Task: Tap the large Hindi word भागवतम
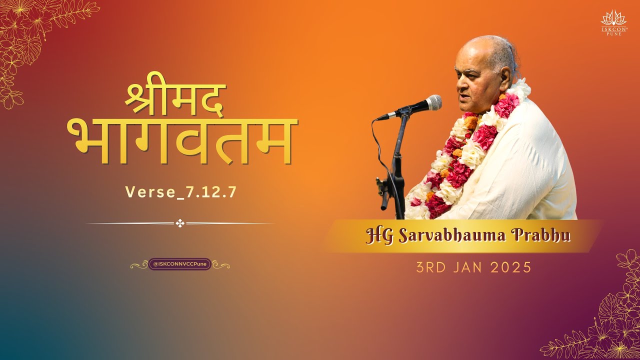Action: (x=182, y=140)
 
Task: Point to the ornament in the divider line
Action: (x=180, y=223)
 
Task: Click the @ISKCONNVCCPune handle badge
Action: (x=180, y=264)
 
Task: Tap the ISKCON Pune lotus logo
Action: (x=613, y=21)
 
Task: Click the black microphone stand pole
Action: (x=399, y=165)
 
